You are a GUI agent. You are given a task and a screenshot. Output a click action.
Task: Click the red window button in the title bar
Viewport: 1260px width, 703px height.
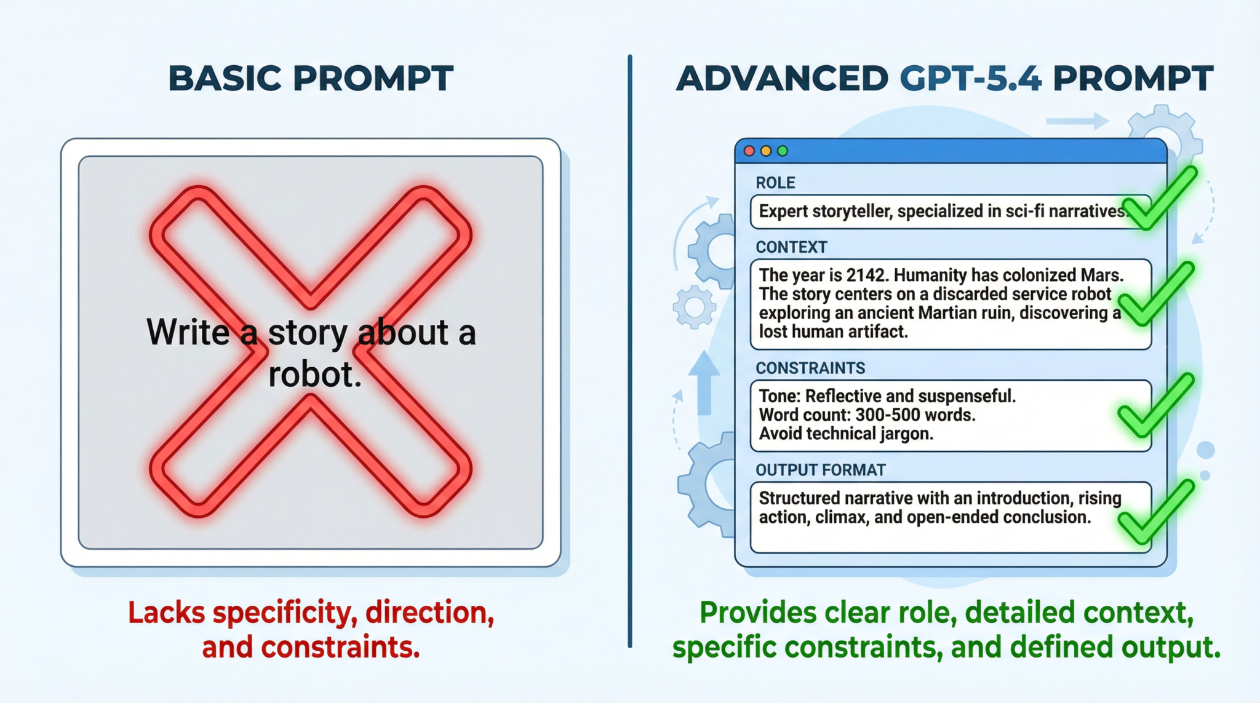tap(749, 151)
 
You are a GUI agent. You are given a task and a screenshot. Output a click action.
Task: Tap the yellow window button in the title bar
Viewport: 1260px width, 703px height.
tap(766, 151)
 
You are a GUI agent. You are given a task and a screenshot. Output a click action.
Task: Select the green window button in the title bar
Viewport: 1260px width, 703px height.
tap(783, 151)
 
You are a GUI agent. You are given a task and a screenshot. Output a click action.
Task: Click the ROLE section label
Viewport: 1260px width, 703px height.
tap(775, 183)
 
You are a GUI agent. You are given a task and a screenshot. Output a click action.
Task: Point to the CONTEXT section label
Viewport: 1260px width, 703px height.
tap(791, 247)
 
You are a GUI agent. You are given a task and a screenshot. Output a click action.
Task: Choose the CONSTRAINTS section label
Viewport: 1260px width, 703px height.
tap(810, 368)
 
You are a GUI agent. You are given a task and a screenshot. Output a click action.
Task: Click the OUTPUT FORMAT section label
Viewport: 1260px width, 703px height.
tap(820, 470)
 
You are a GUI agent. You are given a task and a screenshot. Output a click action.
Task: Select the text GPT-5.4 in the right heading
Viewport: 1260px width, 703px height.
tap(970, 79)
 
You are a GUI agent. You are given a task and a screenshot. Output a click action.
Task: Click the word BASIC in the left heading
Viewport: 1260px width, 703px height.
tap(225, 79)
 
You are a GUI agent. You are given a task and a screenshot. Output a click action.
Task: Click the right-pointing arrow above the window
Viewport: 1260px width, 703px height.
tap(1077, 121)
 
